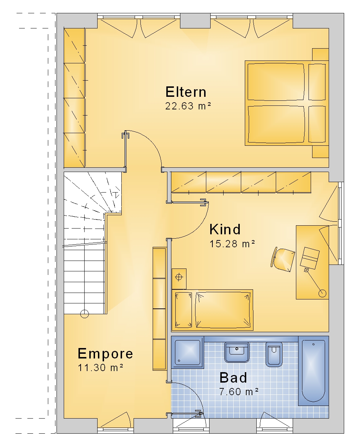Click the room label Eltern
click(186, 92)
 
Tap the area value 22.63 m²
click(188, 106)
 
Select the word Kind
click(225, 229)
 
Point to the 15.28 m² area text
click(232, 244)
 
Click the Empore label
click(105, 353)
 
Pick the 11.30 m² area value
click(100, 368)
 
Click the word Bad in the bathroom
click(233, 378)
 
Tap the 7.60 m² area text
click(239, 392)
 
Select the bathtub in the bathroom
click(313, 371)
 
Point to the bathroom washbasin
click(237, 352)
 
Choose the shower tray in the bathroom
click(188, 352)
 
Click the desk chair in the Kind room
click(283, 259)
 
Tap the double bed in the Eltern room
click(287, 103)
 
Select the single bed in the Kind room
click(212, 310)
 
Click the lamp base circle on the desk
click(322, 293)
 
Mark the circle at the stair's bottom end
click(84, 313)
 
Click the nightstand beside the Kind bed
click(179, 279)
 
